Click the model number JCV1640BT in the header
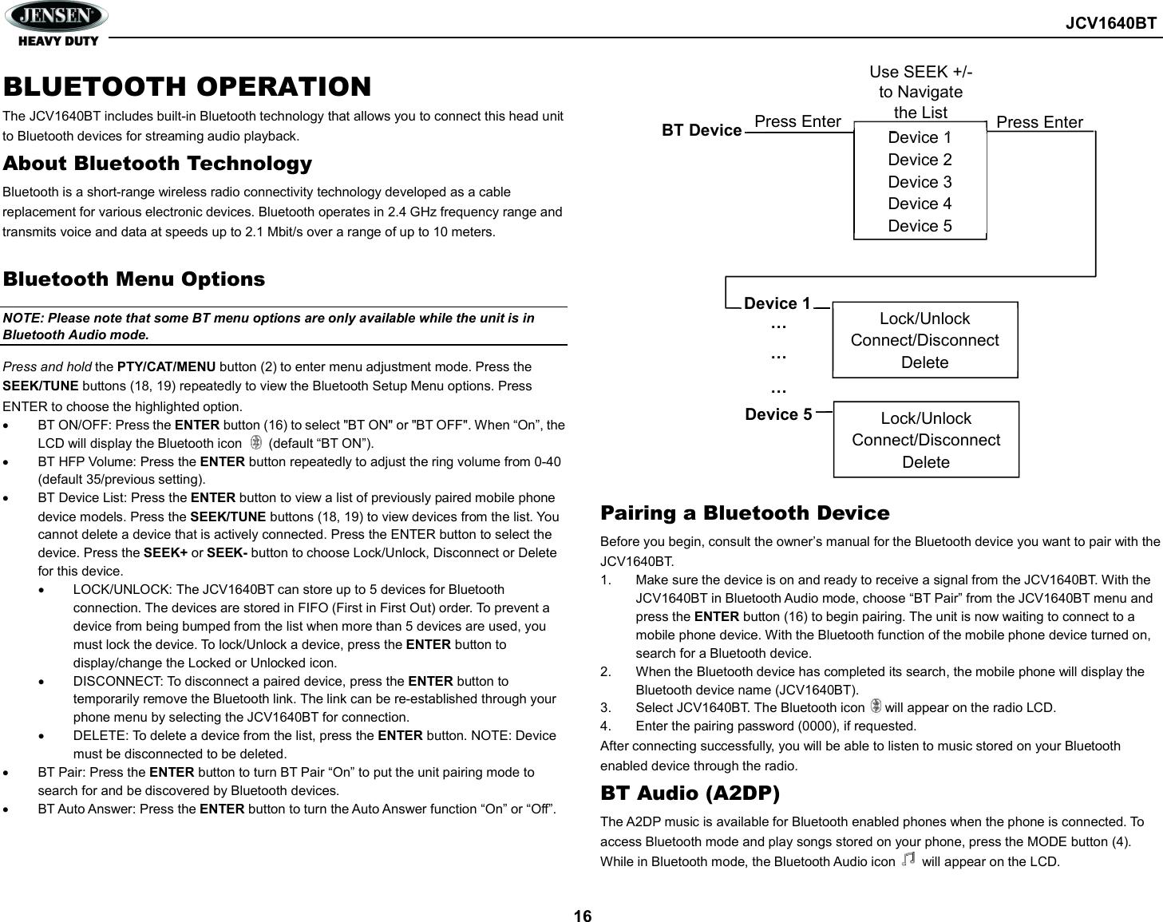1110,23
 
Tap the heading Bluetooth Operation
187,86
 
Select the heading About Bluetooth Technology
157,164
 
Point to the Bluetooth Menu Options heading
134,279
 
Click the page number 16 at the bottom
583,916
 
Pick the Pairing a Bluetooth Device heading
745,512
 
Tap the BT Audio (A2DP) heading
690,793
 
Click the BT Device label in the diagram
702,130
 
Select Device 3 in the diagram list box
920,182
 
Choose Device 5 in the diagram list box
920,226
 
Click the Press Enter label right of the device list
1039,122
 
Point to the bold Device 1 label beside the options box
777,303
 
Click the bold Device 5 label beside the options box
778,414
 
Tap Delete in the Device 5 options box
925,462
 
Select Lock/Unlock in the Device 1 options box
924,319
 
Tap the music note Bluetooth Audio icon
908,860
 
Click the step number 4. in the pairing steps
607,726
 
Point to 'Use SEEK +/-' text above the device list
920,72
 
